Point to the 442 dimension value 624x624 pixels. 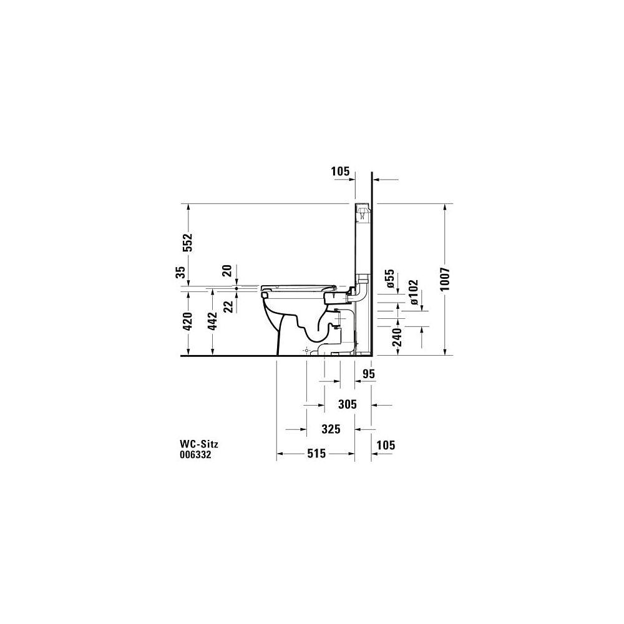[213, 321]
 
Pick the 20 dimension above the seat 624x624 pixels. [227, 271]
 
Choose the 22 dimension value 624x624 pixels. [228, 306]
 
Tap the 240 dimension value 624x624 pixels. [397, 336]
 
